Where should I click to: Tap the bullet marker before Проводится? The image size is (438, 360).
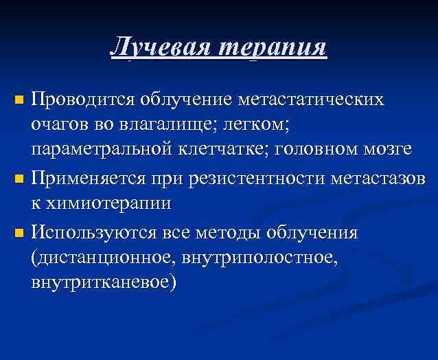coord(20,101)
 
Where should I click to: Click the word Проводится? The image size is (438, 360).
coord(83,100)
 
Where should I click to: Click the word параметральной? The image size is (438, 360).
coord(110,149)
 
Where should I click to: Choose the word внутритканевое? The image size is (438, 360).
coord(103,282)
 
